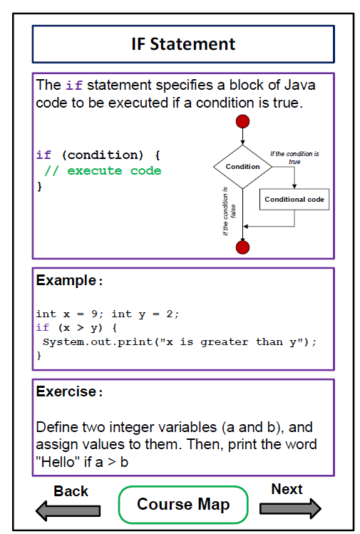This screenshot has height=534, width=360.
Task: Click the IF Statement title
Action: click(x=183, y=44)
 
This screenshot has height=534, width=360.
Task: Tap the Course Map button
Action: click(x=183, y=504)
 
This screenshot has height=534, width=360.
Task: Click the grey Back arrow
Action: click(x=68, y=510)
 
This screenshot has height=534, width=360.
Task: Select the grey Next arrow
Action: click(x=290, y=508)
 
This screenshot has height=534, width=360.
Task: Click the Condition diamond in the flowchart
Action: click(x=242, y=167)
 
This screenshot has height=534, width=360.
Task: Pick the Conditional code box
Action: click(x=294, y=199)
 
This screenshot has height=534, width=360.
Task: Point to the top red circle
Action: click(x=242, y=121)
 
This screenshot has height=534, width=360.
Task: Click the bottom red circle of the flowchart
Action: click(x=242, y=247)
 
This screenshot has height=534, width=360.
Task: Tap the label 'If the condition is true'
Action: click(x=294, y=158)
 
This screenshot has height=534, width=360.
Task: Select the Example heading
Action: click(x=69, y=281)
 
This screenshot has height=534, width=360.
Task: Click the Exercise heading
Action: click(x=69, y=391)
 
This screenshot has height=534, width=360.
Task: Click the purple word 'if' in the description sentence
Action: click(x=74, y=85)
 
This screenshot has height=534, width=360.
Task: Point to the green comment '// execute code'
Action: click(x=103, y=170)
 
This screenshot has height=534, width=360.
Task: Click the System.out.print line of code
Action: click(x=180, y=342)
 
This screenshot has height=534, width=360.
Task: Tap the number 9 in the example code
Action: click(x=94, y=314)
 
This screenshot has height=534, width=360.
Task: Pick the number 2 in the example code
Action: click(x=170, y=314)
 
